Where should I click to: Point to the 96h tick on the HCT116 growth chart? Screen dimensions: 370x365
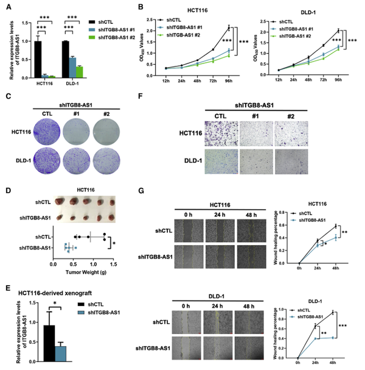[x=228, y=83]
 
